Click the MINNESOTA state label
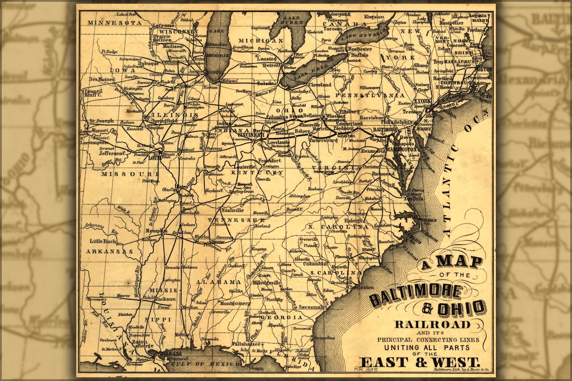pyautogui.click(x=114, y=23)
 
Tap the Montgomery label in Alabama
pyautogui.click(x=235, y=303)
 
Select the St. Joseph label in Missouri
pyautogui.click(x=101, y=121)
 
